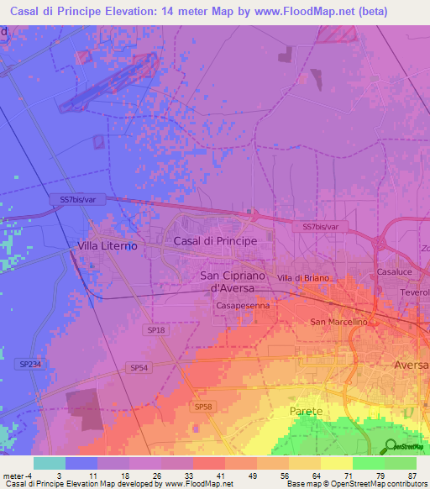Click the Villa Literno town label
pyautogui.click(x=107, y=245)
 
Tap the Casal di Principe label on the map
pyautogui.click(x=213, y=241)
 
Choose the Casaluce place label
pyautogui.click(x=394, y=273)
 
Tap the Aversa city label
pyautogui.click(x=411, y=365)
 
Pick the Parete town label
pyautogui.click(x=306, y=411)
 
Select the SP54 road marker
pyautogui.click(x=139, y=368)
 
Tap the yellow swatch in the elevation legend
pyautogui.click(x=336, y=463)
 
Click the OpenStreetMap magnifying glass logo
pyautogui.click(x=390, y=447)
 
